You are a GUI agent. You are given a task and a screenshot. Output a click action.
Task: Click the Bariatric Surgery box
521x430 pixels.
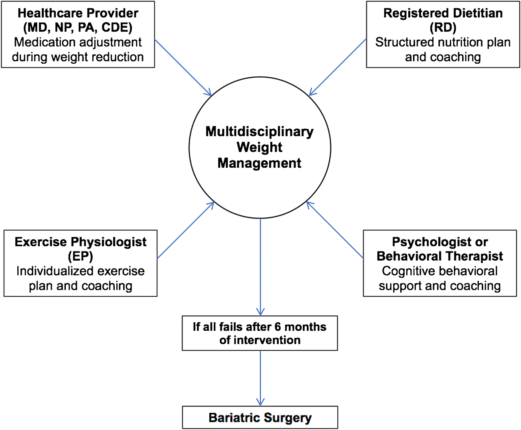point(260,418)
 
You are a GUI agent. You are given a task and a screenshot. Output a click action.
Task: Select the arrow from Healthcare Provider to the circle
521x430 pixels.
point(183,67)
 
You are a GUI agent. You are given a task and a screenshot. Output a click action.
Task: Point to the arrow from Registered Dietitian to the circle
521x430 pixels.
point(338,67)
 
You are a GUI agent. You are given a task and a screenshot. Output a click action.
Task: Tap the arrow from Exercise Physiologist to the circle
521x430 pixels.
point(185,230)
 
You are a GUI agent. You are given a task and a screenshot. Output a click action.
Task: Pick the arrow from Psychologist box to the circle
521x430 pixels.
point(335,230)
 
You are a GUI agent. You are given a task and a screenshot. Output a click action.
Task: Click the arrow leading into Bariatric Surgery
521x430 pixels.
point(260,378)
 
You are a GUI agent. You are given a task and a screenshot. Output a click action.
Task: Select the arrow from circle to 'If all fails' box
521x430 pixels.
point(260,266)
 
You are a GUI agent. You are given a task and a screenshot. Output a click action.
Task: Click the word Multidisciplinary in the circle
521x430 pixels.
point(259,131)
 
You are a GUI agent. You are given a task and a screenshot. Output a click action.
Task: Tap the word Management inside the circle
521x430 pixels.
point(259,163)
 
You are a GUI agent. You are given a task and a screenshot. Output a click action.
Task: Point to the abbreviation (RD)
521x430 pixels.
point(443,28)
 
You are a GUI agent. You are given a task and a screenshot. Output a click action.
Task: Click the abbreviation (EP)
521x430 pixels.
point(80,256)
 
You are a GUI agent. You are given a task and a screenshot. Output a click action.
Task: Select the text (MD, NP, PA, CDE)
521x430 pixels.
point(78,28)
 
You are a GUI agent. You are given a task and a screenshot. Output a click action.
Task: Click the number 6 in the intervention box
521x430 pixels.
point(278,327)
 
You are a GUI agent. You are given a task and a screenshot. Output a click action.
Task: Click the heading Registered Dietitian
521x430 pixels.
point(443,13)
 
